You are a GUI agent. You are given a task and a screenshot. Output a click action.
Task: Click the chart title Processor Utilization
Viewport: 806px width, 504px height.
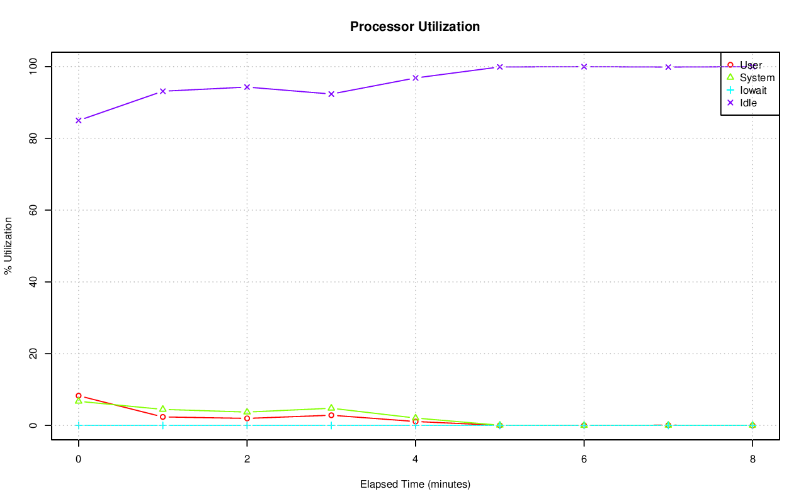pyautogui.click(x=415, y=26)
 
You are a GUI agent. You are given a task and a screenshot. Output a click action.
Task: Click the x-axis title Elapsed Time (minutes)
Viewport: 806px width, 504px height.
pyautogui.click(x=415, y=484)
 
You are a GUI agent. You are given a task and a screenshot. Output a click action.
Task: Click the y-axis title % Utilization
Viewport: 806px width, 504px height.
pyautogui.click(x=8, y=245)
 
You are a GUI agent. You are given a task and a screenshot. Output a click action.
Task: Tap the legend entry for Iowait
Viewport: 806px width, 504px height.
pyautogui.click(x=753, y=91)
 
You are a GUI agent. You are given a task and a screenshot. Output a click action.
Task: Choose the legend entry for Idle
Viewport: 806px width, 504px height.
pyautogui.click(x=748, y=103)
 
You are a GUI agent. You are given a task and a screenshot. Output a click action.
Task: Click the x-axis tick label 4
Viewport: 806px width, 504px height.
pyautogui.click(x=416, y=459)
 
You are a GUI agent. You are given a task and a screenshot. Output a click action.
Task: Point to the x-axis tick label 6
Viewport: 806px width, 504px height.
pyautogui.click(x=584, y=459)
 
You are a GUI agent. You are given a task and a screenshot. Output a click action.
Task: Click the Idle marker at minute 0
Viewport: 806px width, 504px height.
pyautogui.click(x=79, y=120)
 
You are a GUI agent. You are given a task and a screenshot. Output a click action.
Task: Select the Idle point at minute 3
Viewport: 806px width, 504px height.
pyautogui.click(x=331, y=94)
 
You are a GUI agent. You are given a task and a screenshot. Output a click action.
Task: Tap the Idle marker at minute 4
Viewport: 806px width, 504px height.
pyautogui.click(x=416, y=78)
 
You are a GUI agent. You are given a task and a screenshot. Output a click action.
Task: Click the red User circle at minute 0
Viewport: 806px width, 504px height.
pyautogui.click(x=79, y=396)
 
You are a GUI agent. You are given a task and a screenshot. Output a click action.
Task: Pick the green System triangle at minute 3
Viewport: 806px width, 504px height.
pyautogui.click(x=331, y=408)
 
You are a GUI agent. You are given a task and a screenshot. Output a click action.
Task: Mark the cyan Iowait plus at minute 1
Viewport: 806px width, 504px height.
pyautogui.click(x=162, y=425)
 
